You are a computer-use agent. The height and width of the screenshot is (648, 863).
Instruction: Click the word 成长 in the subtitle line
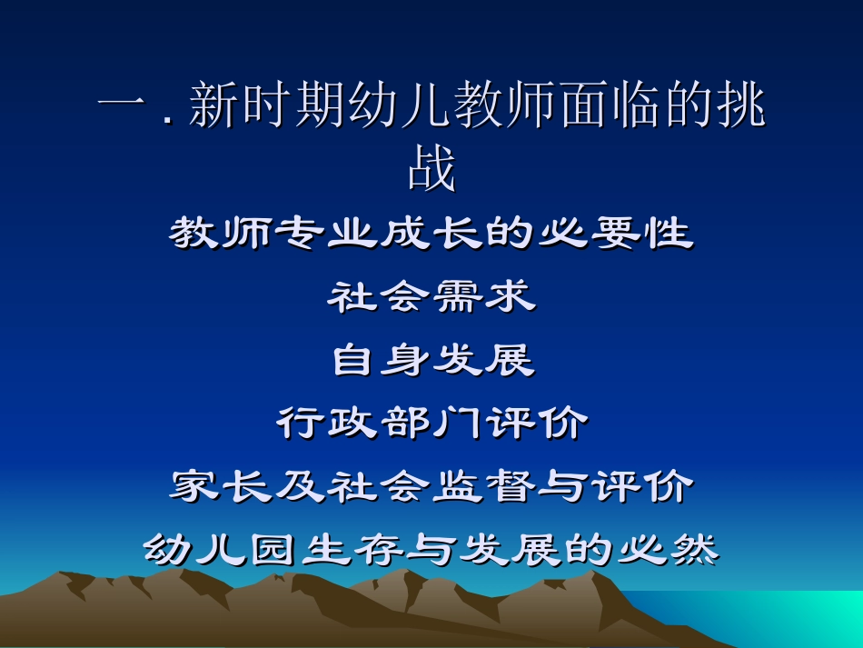click(431, 235)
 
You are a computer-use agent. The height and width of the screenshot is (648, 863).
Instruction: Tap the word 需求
click(483, 298)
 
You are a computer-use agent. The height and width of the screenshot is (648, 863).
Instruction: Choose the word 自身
click(380, 362)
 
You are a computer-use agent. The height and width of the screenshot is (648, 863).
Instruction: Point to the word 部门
click(431, 424)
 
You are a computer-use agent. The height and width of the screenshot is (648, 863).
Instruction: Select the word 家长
click(220, 488)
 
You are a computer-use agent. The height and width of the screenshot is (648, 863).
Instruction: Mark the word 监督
click(483, 488)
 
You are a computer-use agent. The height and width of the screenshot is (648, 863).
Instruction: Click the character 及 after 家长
click(300, 488)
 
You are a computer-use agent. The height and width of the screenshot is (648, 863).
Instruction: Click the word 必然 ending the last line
click(668, 550)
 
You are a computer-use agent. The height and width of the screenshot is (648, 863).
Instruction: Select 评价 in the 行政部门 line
click(537, 424)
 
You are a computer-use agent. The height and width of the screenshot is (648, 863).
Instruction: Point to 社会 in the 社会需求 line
click(380, 298)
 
